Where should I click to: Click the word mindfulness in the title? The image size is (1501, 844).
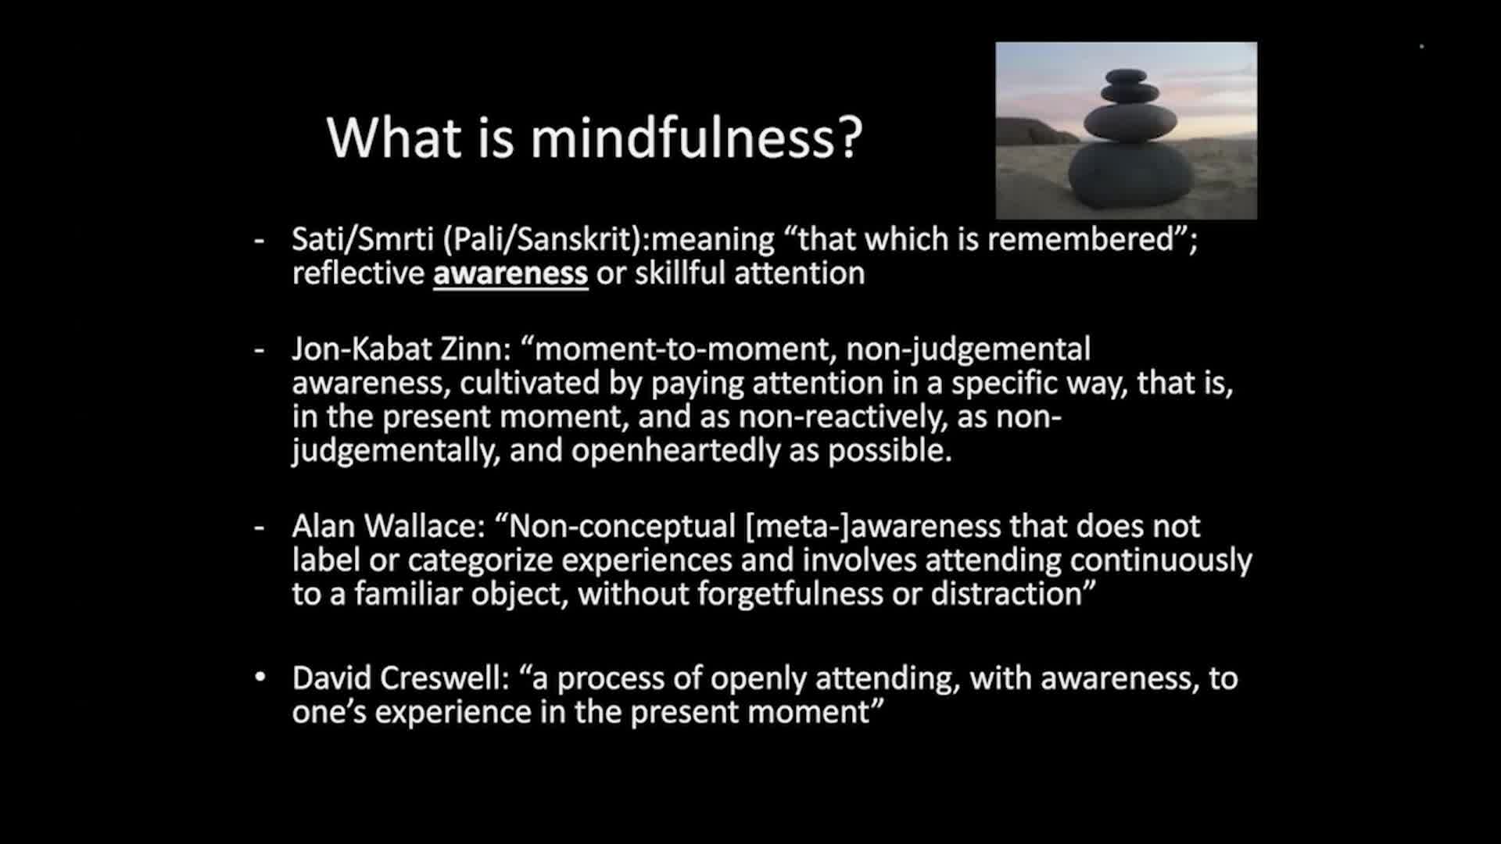(696, 138)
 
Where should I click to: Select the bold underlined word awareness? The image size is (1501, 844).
(510, 274)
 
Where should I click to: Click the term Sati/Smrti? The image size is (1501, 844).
(363, 239)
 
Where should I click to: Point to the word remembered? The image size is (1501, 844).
(1081, 239)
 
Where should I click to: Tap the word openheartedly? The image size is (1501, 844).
(675, 451)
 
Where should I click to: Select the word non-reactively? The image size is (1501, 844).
(843, 417)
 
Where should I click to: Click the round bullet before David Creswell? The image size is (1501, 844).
(260, 678)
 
